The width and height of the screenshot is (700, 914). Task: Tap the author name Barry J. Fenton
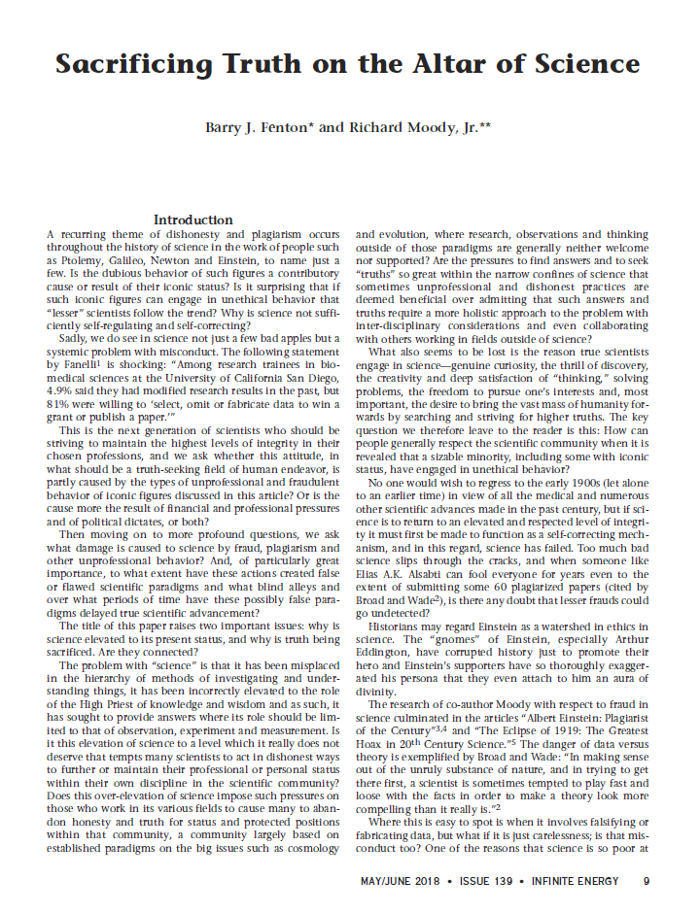(x=261, y=127)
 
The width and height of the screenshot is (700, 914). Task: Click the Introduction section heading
(x=193, y=220)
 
